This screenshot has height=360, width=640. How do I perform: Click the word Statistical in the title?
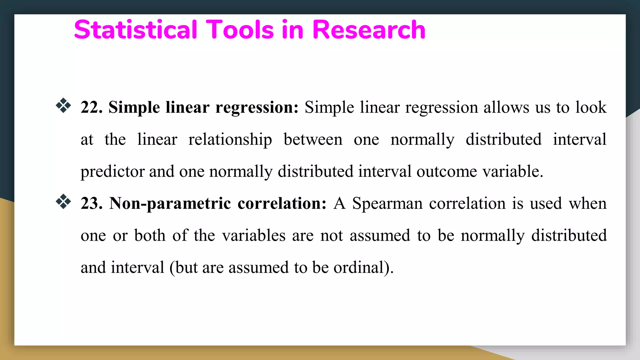(136, 30)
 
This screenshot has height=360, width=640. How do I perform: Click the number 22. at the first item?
(92, 107)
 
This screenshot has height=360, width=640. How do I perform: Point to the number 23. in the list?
(92, 203)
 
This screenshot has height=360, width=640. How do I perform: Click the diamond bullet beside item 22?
(63, 106)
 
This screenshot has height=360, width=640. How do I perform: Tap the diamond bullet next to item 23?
(63, 202)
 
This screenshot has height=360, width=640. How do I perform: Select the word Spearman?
(387, 204)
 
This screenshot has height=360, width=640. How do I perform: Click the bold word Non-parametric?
(170, 204)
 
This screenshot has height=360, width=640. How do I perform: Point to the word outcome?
(447, 171)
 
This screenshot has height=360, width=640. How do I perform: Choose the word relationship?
(230, 140)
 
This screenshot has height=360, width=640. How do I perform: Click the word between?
(313, 139)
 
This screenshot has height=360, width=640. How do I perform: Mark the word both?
(150, 235)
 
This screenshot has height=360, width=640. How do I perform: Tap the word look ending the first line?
(591, 107)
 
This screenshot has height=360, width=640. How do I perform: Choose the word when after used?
(587, 203)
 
